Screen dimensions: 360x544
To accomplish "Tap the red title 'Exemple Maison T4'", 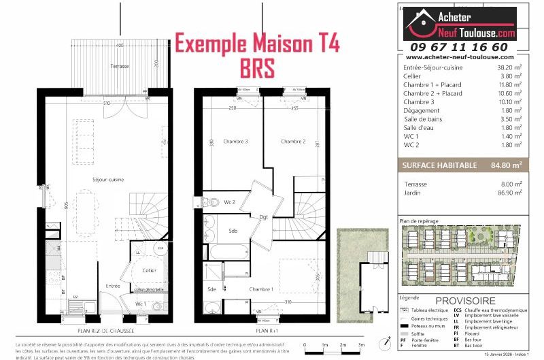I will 258,43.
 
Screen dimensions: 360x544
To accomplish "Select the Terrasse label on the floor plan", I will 120,66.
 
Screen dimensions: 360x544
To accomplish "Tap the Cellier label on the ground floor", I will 149,270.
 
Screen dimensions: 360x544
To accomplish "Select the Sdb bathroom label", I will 233,231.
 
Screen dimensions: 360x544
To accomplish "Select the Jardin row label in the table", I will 413,193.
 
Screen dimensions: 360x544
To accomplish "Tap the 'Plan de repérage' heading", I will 418,221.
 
